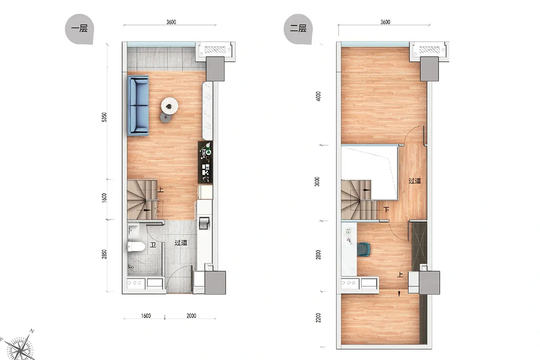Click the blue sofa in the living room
point(138,106)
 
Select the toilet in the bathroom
point(136,247)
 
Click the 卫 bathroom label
point(153,245)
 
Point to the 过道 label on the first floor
point(181,243)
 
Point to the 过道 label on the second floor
point(415,181)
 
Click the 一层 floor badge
point(79,29)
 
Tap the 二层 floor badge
point(298,29)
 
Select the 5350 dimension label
point(104,117)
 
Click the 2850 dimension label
point(104,254)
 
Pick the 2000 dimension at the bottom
point(191,316)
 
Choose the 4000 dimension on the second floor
point(318,96)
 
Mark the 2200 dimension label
point(318,318)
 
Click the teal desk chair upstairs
point(363,250)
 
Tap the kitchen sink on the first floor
point(204,223)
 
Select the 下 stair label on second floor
point(386,210)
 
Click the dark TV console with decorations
point(205,162)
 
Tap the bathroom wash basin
point(133,229)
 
